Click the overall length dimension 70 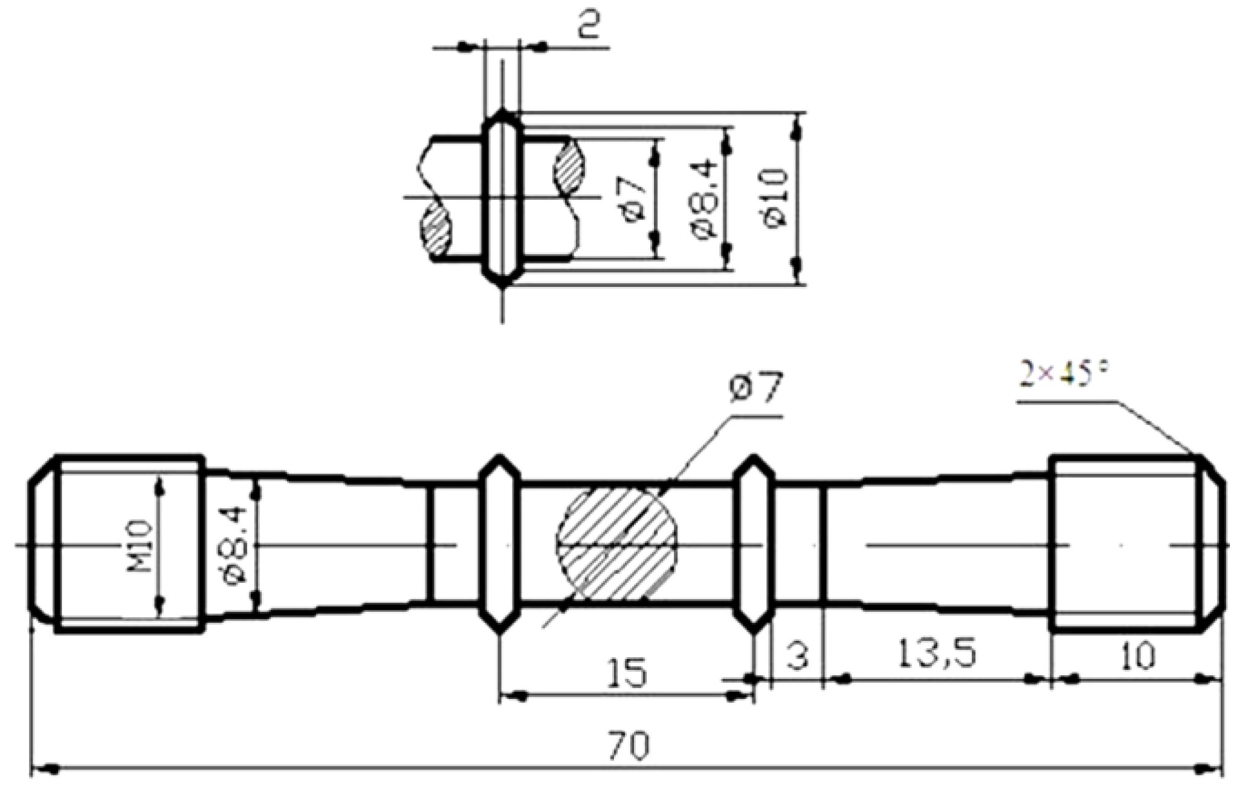click(x=629, y=746)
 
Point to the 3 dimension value click(x=798, y=656)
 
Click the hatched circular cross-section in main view click(x=616, y=544)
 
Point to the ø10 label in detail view click(x=776, y=198)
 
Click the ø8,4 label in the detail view click(x=707, y=198)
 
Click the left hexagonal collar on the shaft click(x=499, y=544)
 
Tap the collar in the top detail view click(x=502, y=198)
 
